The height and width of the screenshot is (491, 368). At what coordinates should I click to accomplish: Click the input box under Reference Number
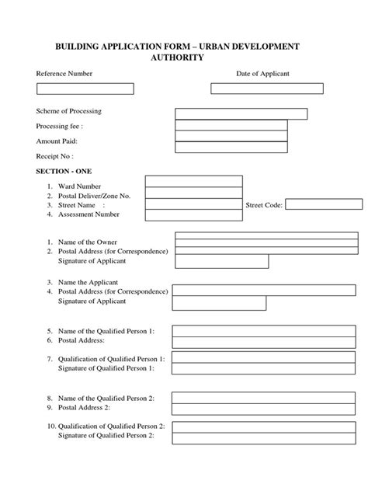click(x=85, y=89)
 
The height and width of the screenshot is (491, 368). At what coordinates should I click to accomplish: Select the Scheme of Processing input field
click(x=241, y=113)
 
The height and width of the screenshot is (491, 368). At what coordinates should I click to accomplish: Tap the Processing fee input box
click(x=231, y=125)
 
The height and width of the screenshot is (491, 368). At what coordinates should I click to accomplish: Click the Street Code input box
click(x=323, y=204)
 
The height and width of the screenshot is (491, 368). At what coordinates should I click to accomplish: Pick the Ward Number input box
click(x=194, y=181)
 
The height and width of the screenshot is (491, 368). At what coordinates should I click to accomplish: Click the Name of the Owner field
click(x=268, y=238)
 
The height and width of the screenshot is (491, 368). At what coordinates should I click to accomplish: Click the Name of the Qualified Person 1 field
click(x=264, y=331)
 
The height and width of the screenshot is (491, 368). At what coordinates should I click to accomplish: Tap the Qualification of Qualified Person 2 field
click(x=264, y=427)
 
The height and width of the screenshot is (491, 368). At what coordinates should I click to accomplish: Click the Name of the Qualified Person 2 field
click(x=264, y=398)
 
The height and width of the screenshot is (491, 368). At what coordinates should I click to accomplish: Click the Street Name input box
click(x=194, y=204)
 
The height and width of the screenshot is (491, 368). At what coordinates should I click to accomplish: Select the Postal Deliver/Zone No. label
click(x=94, y=196)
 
